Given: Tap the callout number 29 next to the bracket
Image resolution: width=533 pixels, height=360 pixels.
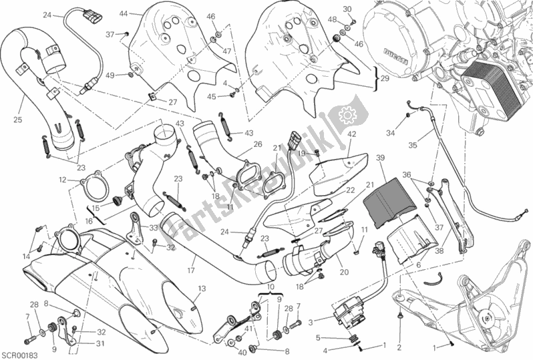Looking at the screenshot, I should click(x=383, y=79).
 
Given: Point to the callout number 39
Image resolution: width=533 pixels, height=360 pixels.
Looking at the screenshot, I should click(x=380, y=157).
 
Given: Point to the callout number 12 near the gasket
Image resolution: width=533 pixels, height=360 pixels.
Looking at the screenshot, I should click(x=61, y=180).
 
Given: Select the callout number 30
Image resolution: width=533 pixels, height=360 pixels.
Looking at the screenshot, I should click(x=347, y=9).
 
